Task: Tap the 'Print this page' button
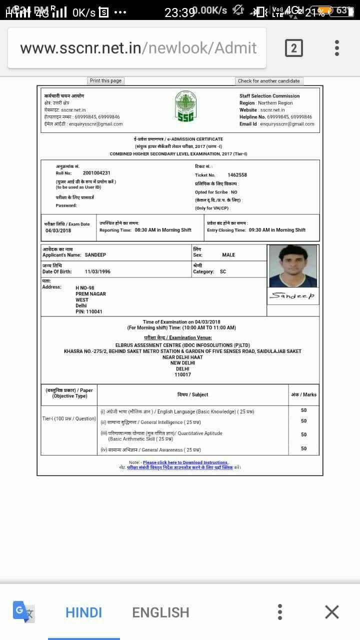point(105,81)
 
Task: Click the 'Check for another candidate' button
point(269,81)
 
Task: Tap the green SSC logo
point(185,107)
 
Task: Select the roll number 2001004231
point(96,173)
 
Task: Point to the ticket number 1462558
point(237,175)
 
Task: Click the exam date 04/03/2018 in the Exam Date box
point(58,230)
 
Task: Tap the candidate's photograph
point(293,266)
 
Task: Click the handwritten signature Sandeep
point(292,296)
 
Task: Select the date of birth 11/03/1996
point(97,271)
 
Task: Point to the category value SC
point(223,271)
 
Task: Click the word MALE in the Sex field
point(228,255)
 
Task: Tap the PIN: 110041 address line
point(89,311)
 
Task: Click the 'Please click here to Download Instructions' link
point(185,462)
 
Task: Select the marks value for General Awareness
point(303,448)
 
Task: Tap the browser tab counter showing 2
point(293,48)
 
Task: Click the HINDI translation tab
point(83,612)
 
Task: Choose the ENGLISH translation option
point(160,612)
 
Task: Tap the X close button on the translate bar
point(331,612)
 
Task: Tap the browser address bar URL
point(138,48)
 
